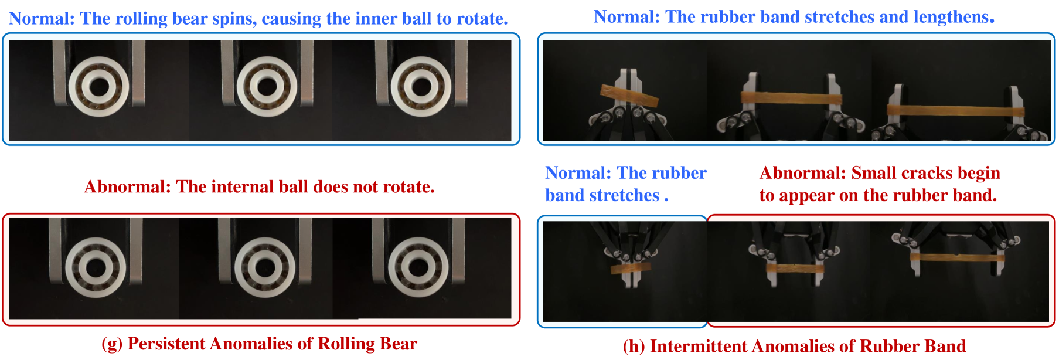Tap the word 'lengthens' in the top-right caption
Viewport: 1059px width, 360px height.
951,17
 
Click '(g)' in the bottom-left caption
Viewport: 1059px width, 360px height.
112,344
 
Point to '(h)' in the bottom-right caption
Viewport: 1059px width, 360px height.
634,347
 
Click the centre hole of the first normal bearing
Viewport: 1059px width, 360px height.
99,87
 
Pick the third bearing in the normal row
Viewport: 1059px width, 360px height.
421,87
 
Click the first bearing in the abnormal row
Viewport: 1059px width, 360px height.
96,267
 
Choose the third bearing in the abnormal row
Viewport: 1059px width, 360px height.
418,267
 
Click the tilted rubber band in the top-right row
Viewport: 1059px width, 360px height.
629,96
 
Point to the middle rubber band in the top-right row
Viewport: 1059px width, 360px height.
791,99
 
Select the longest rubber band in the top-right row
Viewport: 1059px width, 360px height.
956,110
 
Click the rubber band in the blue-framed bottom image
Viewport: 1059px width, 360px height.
631,269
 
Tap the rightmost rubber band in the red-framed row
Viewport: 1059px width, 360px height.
958,257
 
